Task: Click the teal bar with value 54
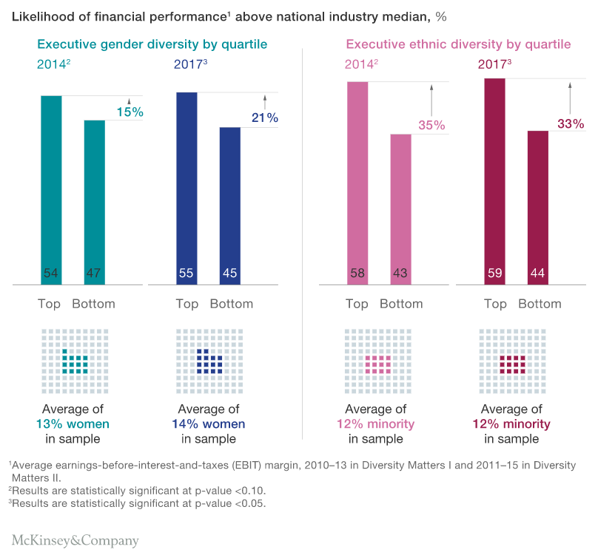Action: click(51, 189)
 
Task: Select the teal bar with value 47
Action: click(94, 201)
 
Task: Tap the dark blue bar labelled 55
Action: click(187, 188)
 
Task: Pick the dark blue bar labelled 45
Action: click(230, 205)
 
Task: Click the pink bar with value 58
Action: click(357, 182)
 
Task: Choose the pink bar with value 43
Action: click(400, 208)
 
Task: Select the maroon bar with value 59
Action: click(495, 180)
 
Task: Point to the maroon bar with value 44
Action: click(538, 207)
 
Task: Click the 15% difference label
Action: click(130, 112)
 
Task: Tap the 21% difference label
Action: click(264, 118)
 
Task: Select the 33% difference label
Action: click(570, 124)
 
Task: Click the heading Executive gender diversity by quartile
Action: click(152, 44)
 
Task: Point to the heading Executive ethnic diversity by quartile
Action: click(458, 44)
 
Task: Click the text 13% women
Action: click(73, 424)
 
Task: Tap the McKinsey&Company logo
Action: click(75, 540)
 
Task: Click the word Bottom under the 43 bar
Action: click(401, 304)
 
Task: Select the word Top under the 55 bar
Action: click(187, 304)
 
